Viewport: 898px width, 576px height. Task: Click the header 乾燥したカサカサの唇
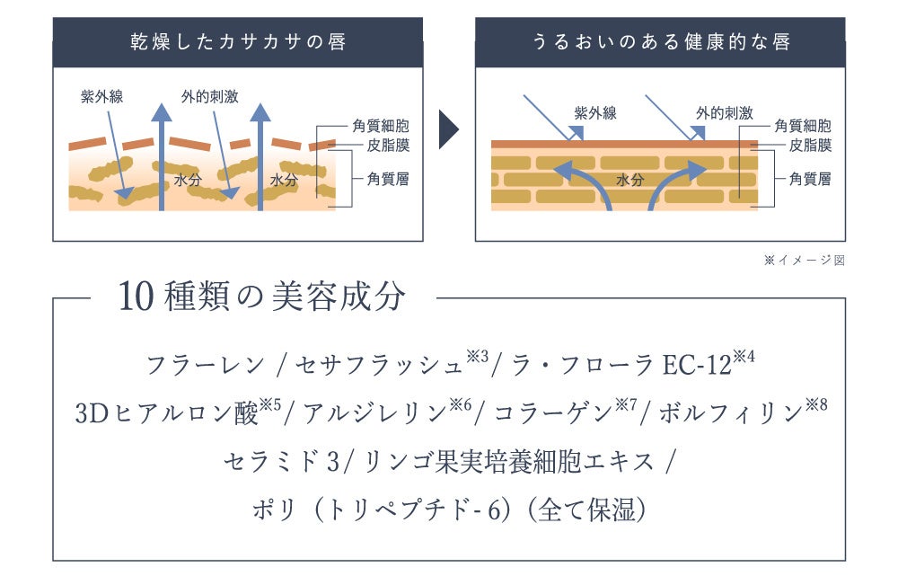[x=237, y=42]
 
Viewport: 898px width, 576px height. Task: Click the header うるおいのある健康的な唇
[x=660, y=42]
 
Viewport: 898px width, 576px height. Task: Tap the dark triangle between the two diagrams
[x=448, y=131]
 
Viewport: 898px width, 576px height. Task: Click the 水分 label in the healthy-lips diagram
[x=630, y=180]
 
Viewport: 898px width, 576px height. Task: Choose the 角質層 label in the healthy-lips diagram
[x=809, y=179]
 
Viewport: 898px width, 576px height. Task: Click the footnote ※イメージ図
[x=805, y=261]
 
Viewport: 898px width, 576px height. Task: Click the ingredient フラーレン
[x=206, y=365]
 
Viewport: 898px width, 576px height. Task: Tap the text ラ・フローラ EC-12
[x=625, y=365]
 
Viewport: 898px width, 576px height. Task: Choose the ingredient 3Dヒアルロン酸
[x=167, y=413]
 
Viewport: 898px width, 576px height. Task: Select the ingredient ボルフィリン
[x=730, y=413]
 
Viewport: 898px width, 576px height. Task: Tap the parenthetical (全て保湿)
[x=587, y=510]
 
